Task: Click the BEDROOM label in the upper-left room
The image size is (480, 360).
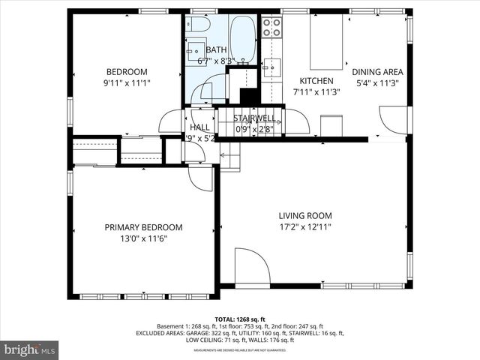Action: (126, 72)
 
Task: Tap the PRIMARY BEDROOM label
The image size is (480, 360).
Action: (143, 227)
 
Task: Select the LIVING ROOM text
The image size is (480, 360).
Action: (304, 216)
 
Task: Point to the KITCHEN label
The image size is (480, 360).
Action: (316, 81)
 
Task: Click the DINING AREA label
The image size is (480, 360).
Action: (378, 72)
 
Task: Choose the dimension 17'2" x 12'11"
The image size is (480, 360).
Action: (304, 226)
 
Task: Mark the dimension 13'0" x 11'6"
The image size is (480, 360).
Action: (143, 238)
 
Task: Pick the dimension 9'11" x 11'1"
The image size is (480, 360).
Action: (126, 83)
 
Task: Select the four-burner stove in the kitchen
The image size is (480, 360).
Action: (271, 28)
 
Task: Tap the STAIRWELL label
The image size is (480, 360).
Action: (253, 118)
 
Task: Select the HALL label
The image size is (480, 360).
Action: (199, 127)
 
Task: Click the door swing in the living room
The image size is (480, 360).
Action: (250, 265)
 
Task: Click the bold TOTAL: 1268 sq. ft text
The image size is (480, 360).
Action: (240, 319)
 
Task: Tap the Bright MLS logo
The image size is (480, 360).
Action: (30, 349)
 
